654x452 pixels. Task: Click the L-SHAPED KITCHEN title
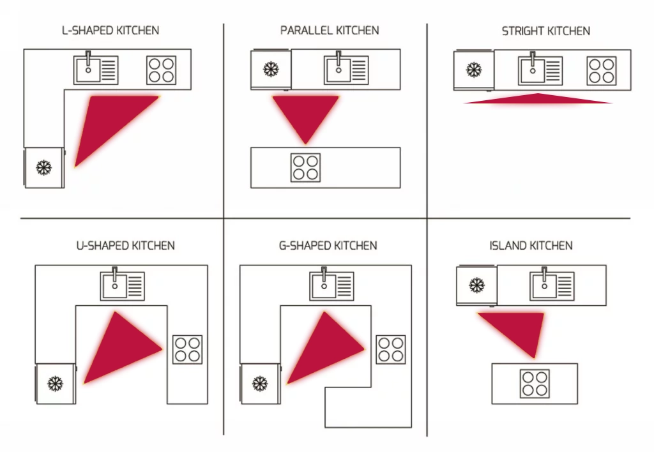(x=110, y=30)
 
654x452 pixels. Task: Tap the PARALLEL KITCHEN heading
(x=330, y=30)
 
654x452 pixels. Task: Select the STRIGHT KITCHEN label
(x=546, y=31)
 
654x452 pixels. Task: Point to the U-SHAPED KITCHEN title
(x=125, y=245)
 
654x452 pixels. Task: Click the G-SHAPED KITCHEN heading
(x=329, y=245)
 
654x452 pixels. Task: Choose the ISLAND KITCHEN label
(x=531, y=245)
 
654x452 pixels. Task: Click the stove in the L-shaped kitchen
(x=161, y=70)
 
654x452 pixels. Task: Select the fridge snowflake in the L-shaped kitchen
(x=43, y=168)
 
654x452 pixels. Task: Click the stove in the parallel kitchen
(x=305, y=167)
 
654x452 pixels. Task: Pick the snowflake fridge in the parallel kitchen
(x=271, y=69)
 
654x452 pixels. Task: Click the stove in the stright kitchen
(x=602, y=71)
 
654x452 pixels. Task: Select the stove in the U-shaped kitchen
(x=187, y=350)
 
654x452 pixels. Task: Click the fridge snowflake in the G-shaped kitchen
(x=259, y=384)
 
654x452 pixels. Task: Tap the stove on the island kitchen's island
(x=535, y=383)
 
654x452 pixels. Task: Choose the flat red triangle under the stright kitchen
(x=538, y=99)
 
